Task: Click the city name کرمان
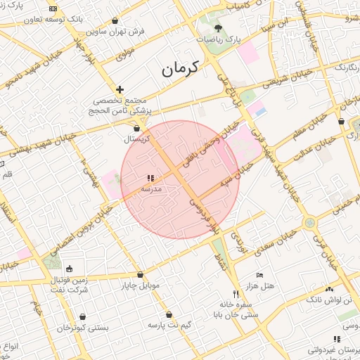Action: [x=179, y=68]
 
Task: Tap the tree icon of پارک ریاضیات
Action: [x=218, y=28]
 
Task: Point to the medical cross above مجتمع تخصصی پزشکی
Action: [x=120, y=89]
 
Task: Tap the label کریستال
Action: [x=139, y=139]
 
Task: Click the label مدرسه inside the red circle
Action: [x=152, y=189]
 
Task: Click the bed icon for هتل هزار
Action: [x=259, y=275]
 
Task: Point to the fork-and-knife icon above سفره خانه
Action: [x=236, y=294]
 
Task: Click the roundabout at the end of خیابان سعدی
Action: [x=309, y=223]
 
